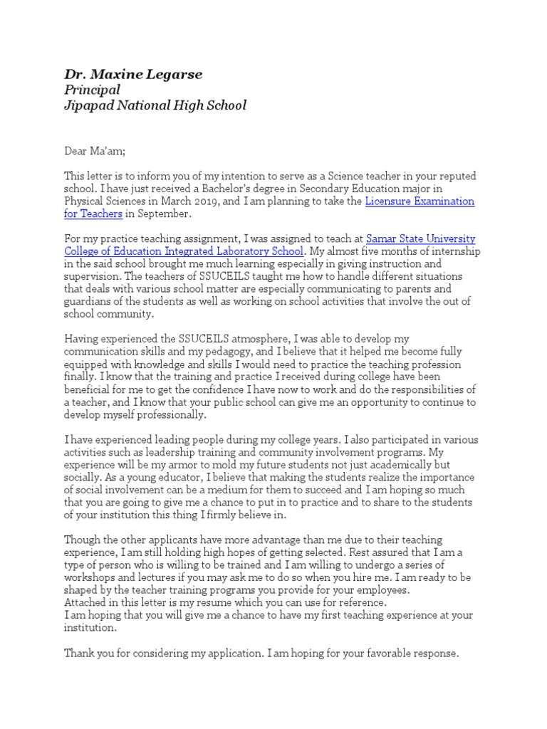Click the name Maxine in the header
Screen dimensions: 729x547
click(x=119, y=74)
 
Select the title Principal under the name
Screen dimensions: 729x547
click(x=92, y=90)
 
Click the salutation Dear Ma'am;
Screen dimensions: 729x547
click(x=94, y=151)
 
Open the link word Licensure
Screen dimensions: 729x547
click(x=391, y=201)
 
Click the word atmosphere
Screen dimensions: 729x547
click(x=234, y=339)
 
